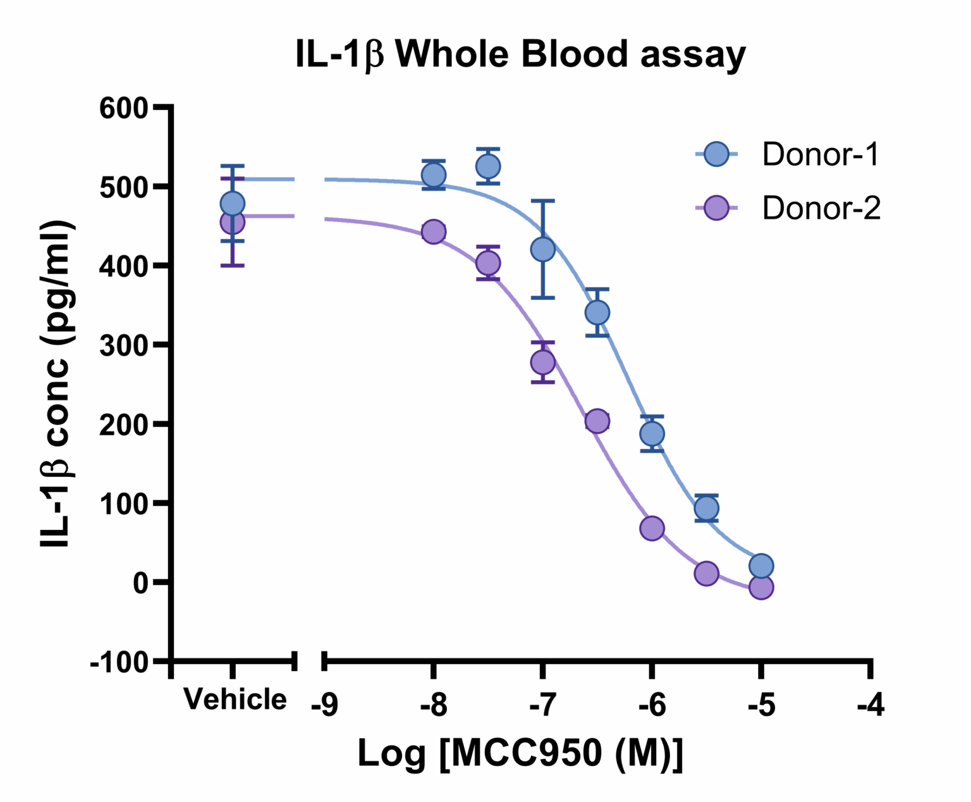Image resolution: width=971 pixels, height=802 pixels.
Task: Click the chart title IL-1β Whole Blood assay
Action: [520, 54]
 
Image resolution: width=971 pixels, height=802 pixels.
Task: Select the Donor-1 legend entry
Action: [820, 154]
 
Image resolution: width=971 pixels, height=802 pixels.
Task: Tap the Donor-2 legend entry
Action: [821, 208]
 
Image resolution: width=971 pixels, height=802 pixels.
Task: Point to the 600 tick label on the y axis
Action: [124, 108]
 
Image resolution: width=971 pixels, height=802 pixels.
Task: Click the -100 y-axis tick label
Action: [119, 662]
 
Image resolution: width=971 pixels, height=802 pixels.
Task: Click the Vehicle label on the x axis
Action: [235, 700]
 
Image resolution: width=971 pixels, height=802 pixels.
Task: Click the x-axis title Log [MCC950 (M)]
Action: [520, 753]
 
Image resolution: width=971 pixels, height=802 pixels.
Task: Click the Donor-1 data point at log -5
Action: [761, 565]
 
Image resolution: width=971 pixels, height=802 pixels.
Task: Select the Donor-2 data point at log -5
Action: [761, 588]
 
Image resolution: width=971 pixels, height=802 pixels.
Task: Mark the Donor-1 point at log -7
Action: [542, 249]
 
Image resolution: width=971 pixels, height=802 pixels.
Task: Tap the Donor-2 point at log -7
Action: [542, 362]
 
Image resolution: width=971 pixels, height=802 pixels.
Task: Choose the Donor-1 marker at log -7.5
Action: [488, 166]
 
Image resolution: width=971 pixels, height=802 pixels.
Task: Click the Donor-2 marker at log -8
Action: [433, 231]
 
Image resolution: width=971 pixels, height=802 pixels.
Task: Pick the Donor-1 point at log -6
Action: [652, 434]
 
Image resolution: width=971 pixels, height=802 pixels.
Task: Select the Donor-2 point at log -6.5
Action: [597, 421]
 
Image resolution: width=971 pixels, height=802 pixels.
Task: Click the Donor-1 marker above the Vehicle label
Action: [233, 204]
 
